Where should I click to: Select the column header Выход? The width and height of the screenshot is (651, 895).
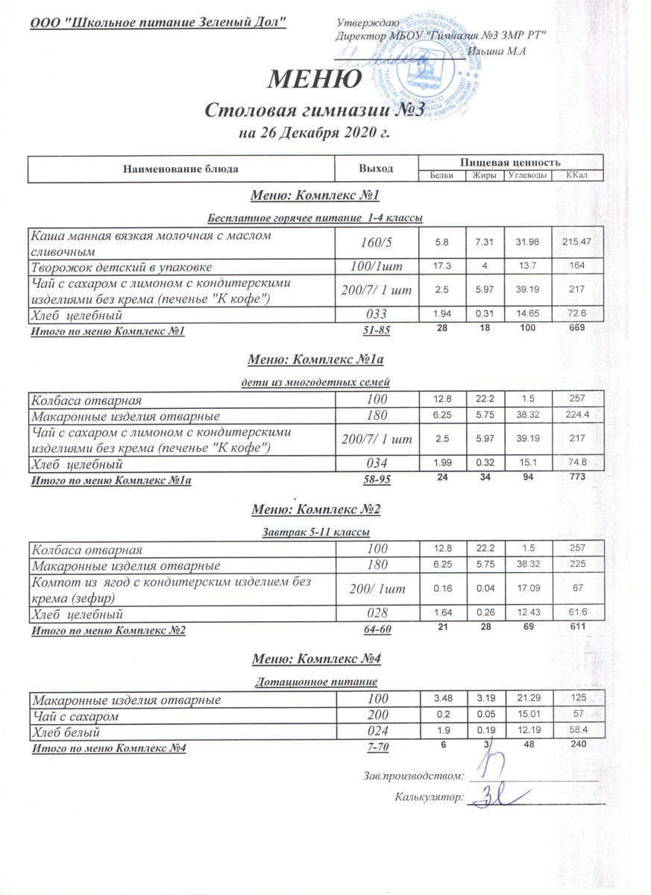tap(377, 169)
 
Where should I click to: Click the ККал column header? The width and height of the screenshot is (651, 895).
tap(576, 175)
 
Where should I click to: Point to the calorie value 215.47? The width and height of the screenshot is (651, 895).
tap(576, 242)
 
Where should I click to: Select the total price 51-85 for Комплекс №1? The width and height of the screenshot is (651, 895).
tap(377, 330)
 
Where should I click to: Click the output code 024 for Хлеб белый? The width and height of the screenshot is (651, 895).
tap(377, 732)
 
